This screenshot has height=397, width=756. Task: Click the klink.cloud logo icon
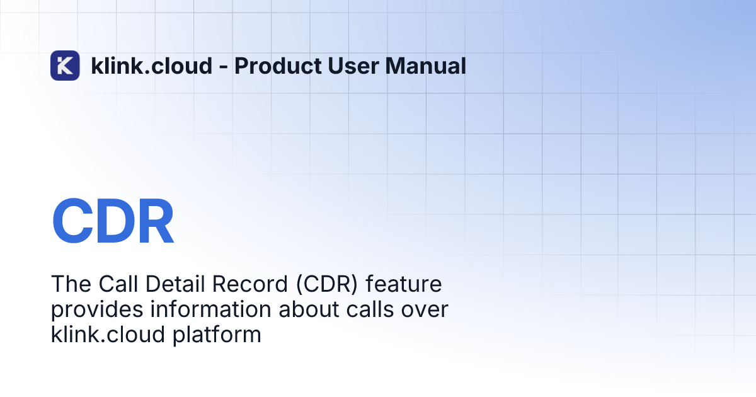click(65, 66)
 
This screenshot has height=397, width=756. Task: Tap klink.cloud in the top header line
click(151, 66)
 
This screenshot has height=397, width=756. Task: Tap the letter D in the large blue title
click(114, 222)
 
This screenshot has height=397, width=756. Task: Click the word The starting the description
click(67, 284)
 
